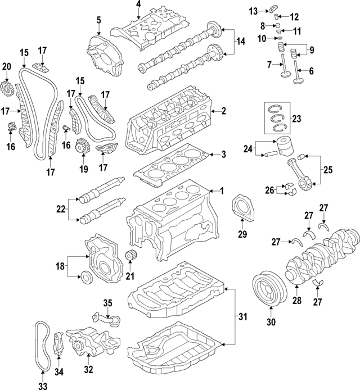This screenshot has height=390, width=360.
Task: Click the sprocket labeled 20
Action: click(x=7, y=88)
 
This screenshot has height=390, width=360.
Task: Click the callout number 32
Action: click(x=89, y=370)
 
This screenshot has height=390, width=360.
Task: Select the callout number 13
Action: click(x=254, y=11)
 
